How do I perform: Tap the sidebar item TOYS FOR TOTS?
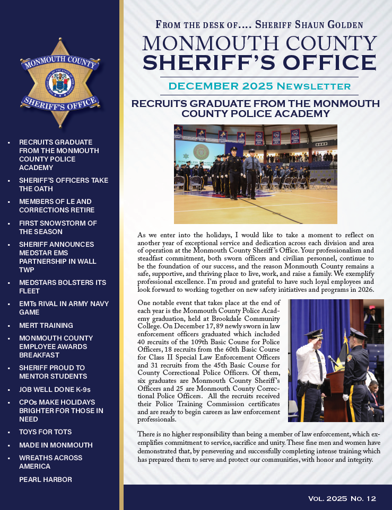pos(45,432)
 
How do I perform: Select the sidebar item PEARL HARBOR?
pos(45,479)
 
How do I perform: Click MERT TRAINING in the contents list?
pos(46,325)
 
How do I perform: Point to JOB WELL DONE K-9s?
pos(55,389)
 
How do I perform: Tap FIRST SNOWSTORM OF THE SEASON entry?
pos(58,227)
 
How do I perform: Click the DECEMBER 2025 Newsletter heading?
pos(259,86)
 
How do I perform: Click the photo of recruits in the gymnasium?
pos(255,174)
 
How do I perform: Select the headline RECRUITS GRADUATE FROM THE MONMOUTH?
pos(256,104)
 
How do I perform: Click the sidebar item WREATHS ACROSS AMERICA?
pos(50,462)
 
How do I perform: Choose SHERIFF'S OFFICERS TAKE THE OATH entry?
pos(63,184)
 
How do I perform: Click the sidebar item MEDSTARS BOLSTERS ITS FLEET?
pos(62,287)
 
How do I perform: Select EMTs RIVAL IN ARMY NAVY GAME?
pos(64,308)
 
